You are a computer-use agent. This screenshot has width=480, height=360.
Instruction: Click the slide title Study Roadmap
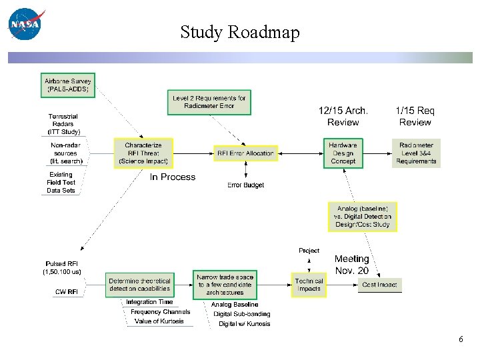240,32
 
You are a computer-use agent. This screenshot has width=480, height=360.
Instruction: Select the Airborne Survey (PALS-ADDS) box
68,85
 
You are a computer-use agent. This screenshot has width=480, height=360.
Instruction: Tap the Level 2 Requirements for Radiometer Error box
209,101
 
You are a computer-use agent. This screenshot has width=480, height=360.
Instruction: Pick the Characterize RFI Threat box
143,153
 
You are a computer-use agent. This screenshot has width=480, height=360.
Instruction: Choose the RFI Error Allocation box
245,153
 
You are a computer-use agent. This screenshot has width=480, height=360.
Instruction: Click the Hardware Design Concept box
343,153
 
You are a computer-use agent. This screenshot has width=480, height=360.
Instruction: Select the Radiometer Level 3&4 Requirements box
416,153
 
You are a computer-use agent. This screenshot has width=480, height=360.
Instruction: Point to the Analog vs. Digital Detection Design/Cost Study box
363,217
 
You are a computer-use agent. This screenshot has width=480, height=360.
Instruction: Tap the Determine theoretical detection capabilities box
139,285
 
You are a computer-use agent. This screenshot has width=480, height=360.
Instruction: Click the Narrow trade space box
225,285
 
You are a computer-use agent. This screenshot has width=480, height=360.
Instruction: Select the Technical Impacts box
309,285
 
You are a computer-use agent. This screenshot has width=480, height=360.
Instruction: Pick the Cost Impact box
379,285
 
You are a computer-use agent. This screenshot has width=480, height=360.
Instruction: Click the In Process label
173,177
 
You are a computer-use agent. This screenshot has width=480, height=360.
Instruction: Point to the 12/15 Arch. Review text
343,117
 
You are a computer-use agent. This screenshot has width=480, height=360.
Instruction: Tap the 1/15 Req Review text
415,117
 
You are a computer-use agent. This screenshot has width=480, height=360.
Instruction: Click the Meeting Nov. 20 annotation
352,265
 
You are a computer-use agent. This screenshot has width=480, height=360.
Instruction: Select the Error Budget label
245,185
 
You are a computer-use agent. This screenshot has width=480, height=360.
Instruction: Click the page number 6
461,339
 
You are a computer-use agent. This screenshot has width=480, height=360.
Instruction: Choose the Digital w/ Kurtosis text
245,324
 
